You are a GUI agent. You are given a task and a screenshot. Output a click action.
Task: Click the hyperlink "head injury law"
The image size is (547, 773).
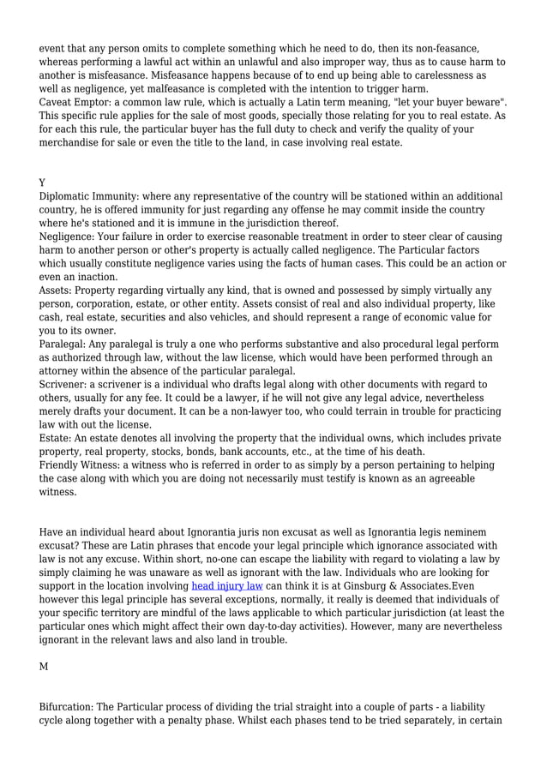[227, 586]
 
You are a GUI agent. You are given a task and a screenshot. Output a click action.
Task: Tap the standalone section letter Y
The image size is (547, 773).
[43, 183]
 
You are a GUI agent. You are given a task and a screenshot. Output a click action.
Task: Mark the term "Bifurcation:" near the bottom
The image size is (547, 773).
[70, 707]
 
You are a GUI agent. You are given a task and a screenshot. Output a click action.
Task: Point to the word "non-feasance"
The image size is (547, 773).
[442, 48]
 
